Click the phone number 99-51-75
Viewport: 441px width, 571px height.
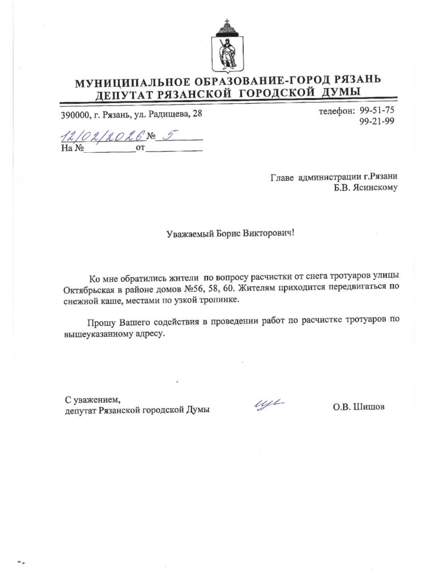377,110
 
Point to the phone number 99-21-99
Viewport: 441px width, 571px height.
377,122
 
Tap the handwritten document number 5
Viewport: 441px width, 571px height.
164,134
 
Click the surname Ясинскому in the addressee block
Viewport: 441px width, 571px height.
374,188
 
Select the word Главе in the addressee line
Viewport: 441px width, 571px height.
282,177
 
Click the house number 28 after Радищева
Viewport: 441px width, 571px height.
197,114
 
